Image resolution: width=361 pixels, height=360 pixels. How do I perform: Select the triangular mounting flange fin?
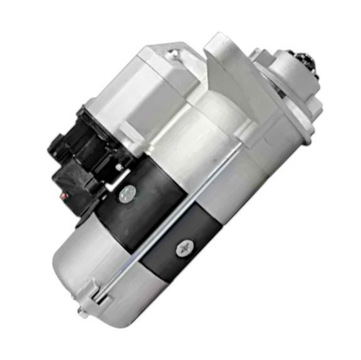tap(224, 65)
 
